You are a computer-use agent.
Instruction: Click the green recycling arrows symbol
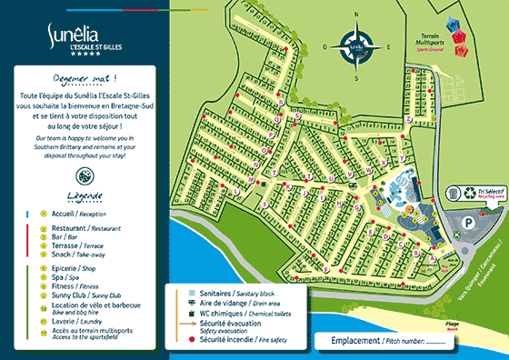coord(469,193)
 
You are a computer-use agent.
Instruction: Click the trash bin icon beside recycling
coord(454,194)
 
